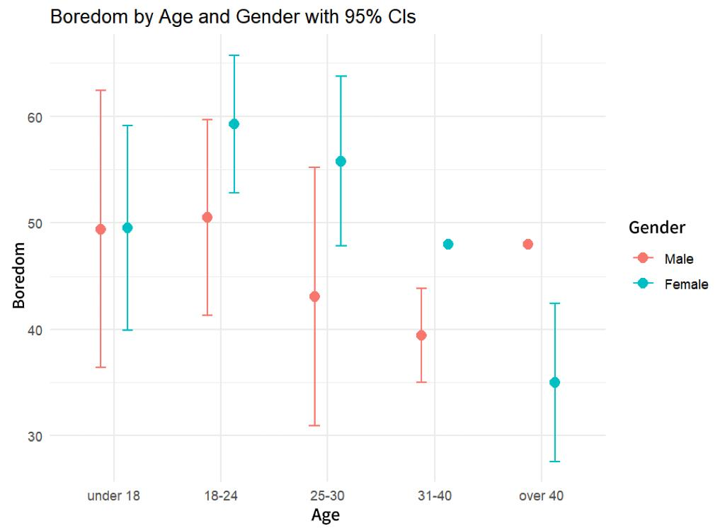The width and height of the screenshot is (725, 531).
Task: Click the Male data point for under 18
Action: (x=101, y=229)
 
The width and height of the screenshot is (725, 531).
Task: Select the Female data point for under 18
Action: (x=127, y=228)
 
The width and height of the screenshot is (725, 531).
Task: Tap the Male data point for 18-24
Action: (x=207, y=217)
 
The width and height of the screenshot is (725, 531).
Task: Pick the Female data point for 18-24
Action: (x=234, y=124)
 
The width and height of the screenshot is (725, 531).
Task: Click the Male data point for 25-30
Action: (x=314, y=296)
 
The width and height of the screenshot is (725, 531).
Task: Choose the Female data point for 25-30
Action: (x=341, y=161)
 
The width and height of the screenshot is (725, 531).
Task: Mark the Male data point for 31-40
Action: (x=421, y=335)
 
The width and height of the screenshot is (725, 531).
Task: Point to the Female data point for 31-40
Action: (x=448, y=244)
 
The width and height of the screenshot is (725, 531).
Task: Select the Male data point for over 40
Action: (x=528, y=244)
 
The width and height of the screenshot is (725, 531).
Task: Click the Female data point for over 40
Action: (x=554, y=382)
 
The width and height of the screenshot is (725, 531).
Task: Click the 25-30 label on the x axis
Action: (x=327, y=496)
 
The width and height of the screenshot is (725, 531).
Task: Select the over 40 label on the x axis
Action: (x=541, y=496)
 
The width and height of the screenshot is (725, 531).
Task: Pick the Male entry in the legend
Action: (x=678, y=259)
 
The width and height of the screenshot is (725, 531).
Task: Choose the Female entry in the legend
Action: (x=685, y=284)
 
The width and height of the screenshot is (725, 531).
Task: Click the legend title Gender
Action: (x=657, y=228)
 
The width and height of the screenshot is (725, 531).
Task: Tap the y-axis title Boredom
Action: (x=19, y=275)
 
